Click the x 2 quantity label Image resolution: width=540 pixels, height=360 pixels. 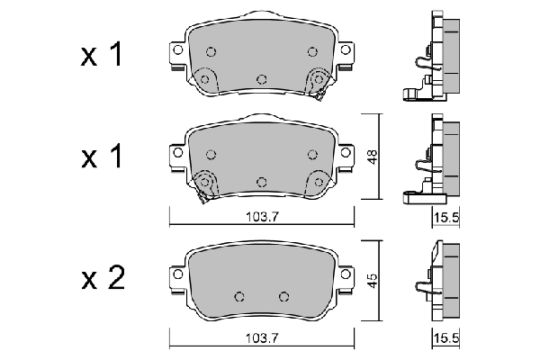coord(101,280)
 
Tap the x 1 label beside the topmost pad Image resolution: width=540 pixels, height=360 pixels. coord(101,56)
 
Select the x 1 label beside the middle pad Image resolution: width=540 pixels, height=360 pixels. coord(101,158)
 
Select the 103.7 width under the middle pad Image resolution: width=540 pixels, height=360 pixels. coord(262,217)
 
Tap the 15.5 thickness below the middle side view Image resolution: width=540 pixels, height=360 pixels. coord(444,217)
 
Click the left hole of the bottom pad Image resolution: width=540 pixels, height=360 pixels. coord(239,296)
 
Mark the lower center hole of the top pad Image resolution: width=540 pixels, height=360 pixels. coord(261,78)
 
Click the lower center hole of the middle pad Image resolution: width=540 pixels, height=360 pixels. coord(261,181)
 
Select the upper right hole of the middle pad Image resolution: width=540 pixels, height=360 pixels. coord(312,154)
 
